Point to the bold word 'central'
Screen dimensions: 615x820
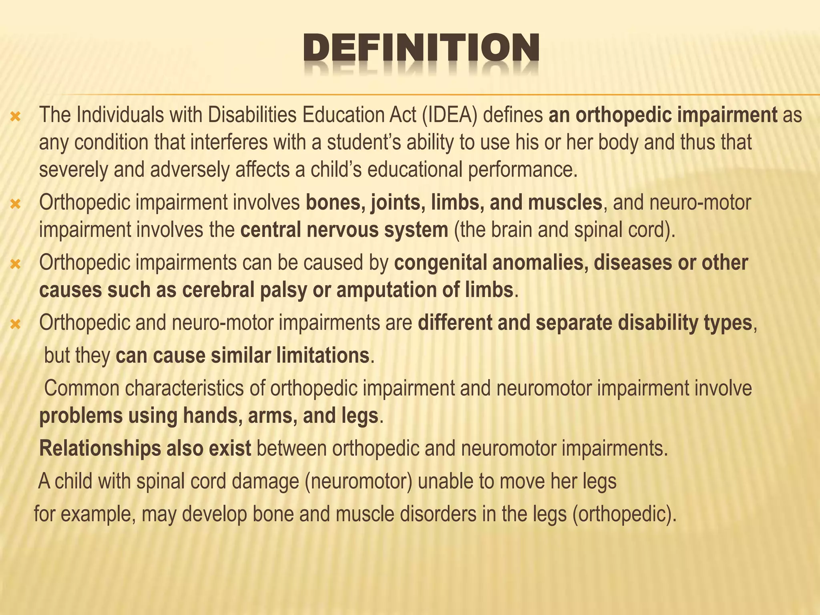pos(268,230)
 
